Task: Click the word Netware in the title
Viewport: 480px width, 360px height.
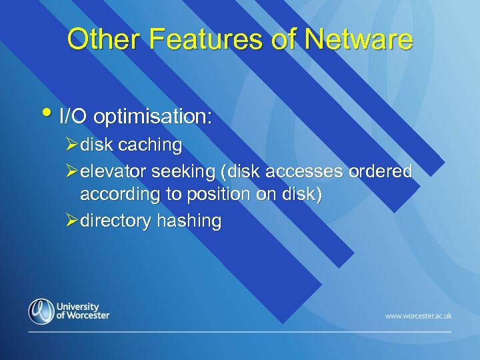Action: [x=358, y=39]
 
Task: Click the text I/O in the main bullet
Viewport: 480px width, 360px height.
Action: [x=73, y=118]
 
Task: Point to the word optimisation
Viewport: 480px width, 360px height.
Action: [x=153, y=118]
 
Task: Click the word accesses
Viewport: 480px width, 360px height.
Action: [x=305, y=172]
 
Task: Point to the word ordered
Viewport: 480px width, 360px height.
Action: [x=383, y=172]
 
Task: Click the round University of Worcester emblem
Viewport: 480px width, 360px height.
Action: [x=41, y=311]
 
